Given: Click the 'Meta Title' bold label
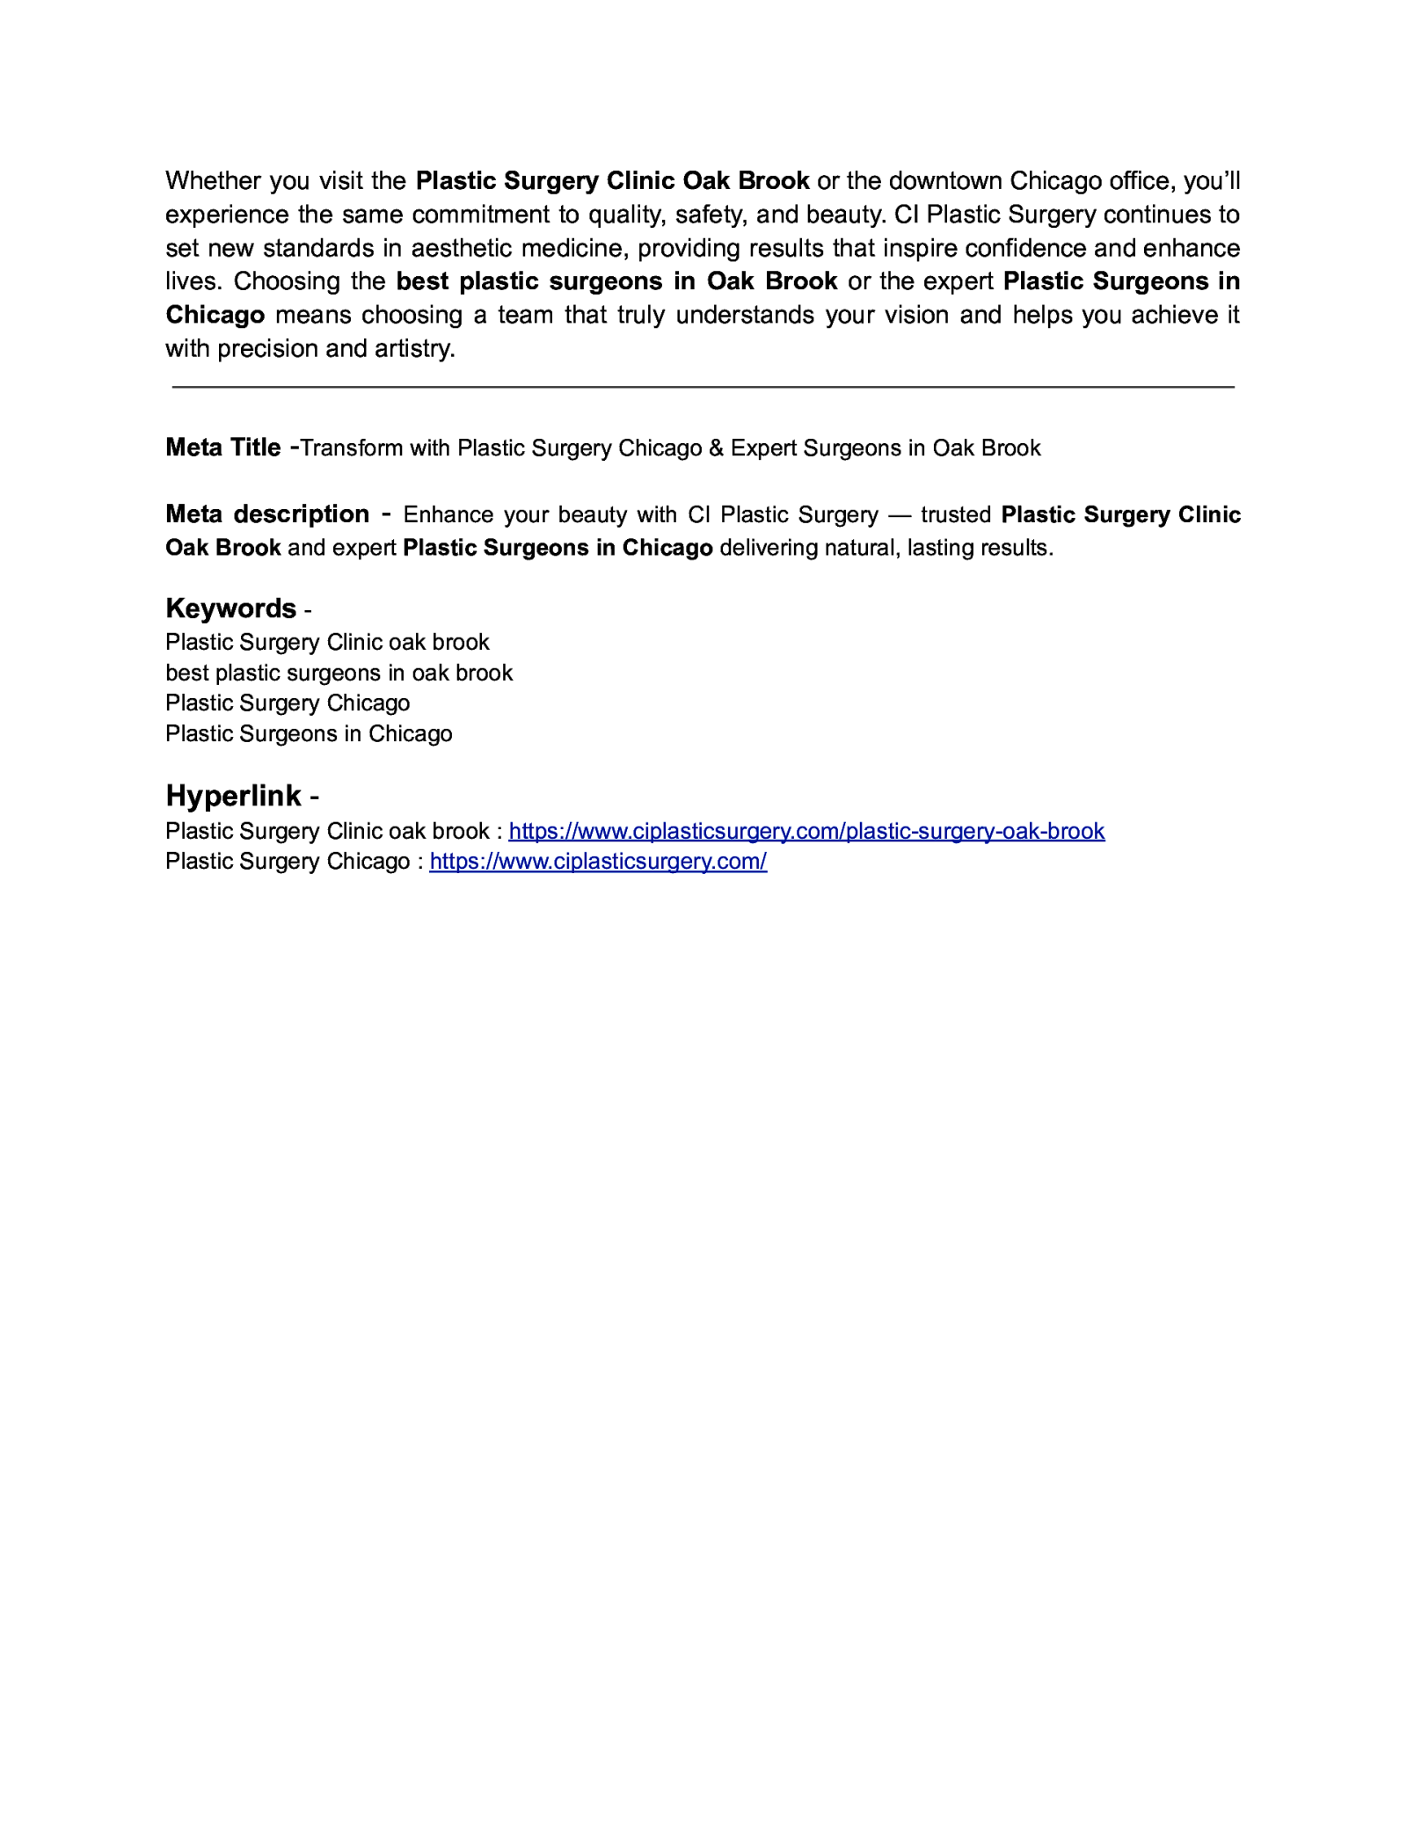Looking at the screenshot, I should pyautogui.click(x=222, y=448).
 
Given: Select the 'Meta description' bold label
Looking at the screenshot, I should pyautogui.click(x=267, y=514).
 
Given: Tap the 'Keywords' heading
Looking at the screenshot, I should pyautogui.click(x=230, y=608).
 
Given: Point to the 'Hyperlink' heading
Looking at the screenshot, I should pyautogui.click(x=233, y=796).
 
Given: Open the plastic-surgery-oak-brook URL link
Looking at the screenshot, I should pyautogui.click(x=806, y=831).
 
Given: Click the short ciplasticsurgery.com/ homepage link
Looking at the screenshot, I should pyautogui.click(x=598, y=861).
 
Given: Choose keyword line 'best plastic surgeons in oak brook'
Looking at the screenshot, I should pyautogui.click(x=339, y=673).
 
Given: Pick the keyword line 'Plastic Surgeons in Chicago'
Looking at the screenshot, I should pyautogui.click(x=309, y=733).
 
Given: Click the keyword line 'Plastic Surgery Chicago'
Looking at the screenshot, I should pyautogui.click(x=288, y=703).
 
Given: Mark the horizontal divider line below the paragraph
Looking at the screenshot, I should pyautogui.click(x=703, y=387).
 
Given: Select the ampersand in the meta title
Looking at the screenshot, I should pyautogui.click(x=716, y=448).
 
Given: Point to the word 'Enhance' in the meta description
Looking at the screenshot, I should pyautogui.click(x=448, y=514).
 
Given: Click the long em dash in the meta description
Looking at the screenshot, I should pyautogui.click(x=900, y=514).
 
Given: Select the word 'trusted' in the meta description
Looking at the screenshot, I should pyautogui.click(x=956, y=514).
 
